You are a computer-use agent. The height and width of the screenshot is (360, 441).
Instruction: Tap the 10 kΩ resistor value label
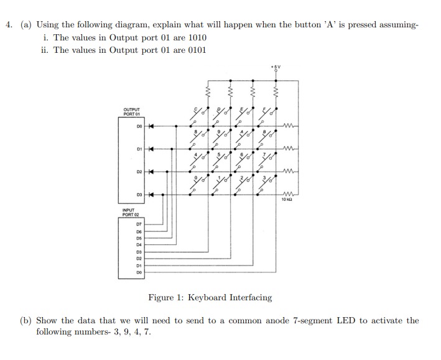[287, 200]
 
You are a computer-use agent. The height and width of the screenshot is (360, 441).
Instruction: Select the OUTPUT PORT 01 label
[132, 112]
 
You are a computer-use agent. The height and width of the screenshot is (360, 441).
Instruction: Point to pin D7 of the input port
[139, 223]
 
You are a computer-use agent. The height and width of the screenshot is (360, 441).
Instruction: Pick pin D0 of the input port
[139, 272]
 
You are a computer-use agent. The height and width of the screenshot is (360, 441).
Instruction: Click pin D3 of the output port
[140, 195]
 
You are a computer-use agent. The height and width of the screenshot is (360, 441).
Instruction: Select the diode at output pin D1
[151, 149]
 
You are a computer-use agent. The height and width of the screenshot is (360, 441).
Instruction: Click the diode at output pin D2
[151, 172]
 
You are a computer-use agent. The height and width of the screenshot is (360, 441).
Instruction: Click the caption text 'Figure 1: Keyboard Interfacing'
[210, 297]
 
